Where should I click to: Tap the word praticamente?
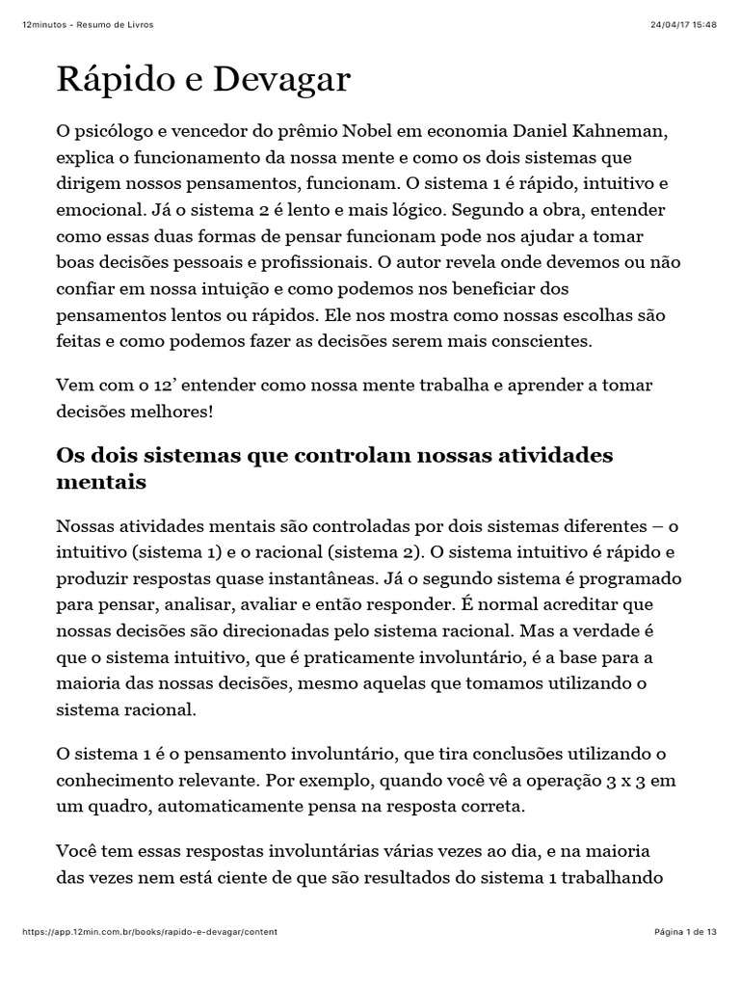(329, 657)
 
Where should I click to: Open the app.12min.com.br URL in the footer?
(150, 932)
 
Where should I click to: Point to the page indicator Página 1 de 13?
(685, 932)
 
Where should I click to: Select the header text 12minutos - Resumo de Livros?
(87, 24)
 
